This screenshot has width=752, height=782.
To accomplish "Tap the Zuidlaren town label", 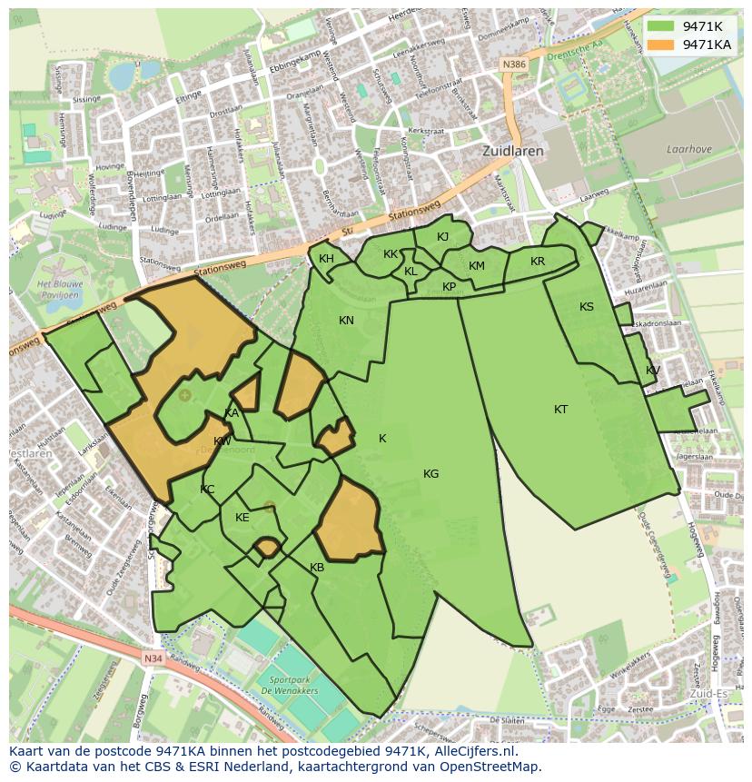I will [x=513, y=152].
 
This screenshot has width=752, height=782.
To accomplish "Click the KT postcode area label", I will [x=561, y=410].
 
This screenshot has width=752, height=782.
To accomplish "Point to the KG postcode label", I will [x=430, y=473].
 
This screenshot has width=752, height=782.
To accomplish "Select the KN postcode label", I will [x=346, y=321].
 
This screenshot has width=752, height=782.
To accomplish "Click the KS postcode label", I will [x=587, y=307].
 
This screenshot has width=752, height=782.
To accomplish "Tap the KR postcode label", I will [x=538, y=262].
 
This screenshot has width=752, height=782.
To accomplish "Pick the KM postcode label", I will [x=477, y=266].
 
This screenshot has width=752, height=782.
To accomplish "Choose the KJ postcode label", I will [x=442, y=237].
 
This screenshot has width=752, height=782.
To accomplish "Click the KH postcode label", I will [x=326, y=259].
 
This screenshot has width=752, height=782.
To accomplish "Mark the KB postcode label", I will [x=317, y=568].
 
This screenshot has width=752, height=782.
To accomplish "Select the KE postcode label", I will [x=242, y=518].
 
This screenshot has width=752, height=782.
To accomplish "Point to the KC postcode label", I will [x=207, y=490].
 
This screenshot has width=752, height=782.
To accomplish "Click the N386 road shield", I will [x=514, y=64].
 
